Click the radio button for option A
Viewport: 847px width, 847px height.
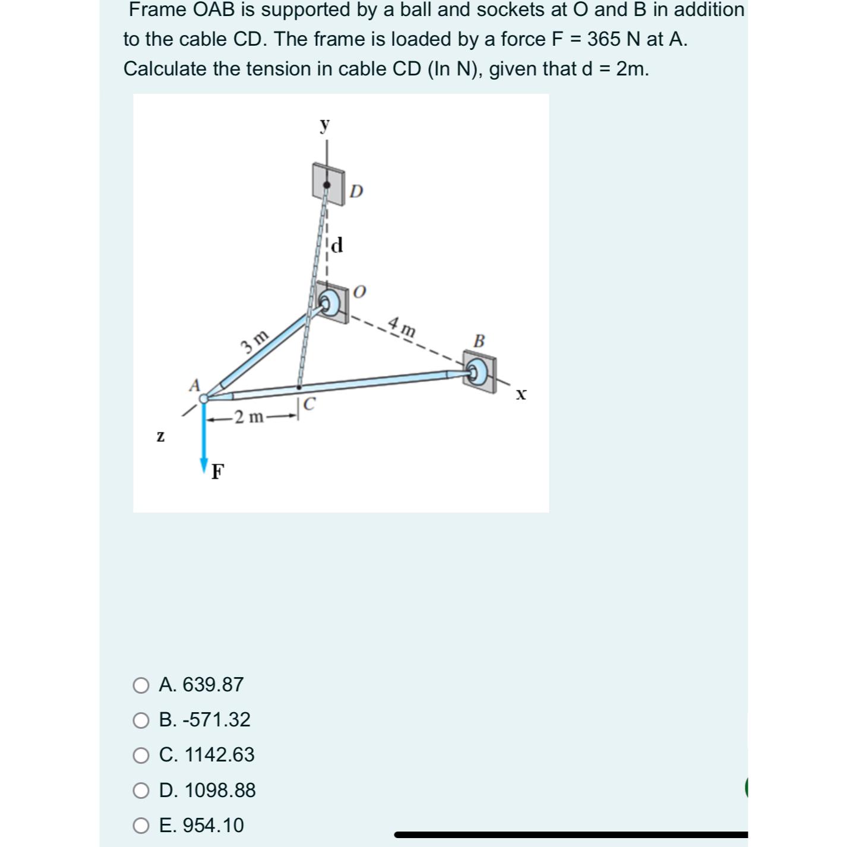point(141,685)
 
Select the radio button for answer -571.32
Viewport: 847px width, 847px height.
point(141,720)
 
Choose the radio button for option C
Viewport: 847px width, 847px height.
point(141,756)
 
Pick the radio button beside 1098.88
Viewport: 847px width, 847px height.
point(141,791)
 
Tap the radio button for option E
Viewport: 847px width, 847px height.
point(141,826)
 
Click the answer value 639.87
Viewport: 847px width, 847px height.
point(213,684)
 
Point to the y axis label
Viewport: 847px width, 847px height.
point(324,125)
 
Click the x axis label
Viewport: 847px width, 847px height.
point(521,394)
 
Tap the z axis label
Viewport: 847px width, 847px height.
point(160,436)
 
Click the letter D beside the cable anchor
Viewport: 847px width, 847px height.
point(356,191)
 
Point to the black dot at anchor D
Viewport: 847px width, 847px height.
point(326,185)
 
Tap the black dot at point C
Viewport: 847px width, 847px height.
point(299,387)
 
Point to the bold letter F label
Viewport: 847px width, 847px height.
point(219,472)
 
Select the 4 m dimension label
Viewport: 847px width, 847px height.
point(402,326)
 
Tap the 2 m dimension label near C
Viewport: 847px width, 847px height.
point(249,417)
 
